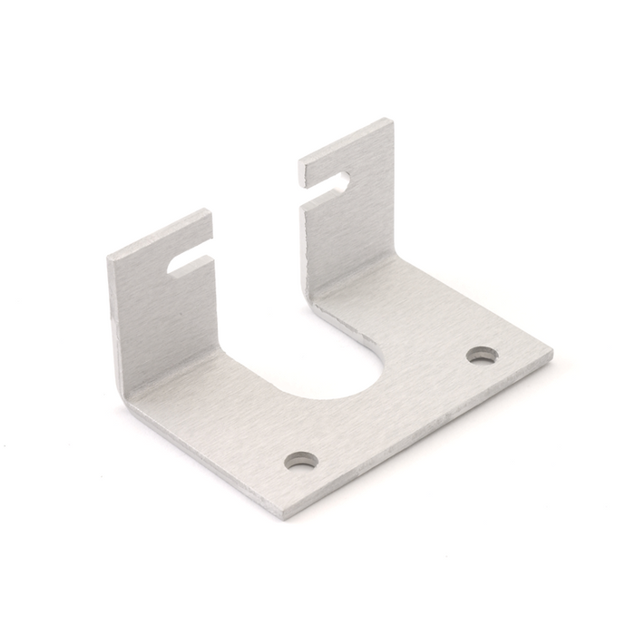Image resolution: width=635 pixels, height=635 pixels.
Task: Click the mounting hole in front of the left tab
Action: [301, 460]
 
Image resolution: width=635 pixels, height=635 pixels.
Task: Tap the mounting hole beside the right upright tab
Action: [482, 355]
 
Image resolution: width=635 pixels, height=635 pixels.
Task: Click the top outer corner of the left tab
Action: [109, 258]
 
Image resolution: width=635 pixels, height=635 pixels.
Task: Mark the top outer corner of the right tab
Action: [392, 120]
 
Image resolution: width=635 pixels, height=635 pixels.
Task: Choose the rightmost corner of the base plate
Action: [552, 349]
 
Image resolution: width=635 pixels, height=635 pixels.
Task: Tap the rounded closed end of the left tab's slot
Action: [174, 268]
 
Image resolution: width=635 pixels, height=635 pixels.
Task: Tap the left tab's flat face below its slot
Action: [168, 317]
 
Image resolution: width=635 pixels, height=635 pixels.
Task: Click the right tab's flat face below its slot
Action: [349, 236]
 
